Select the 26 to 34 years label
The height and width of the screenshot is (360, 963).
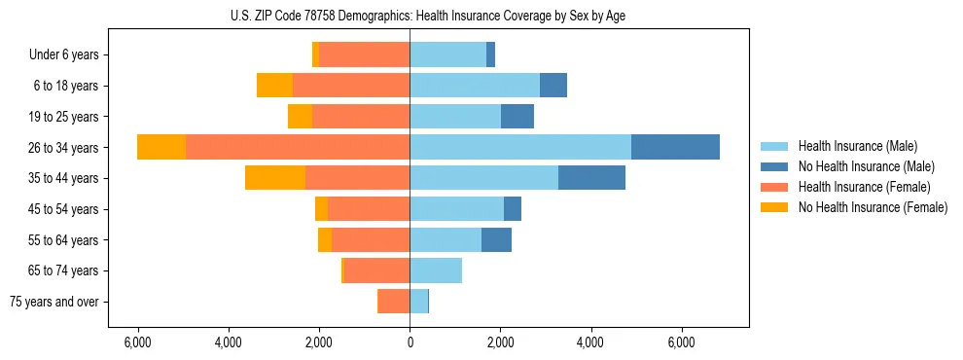click(x=65, y=148)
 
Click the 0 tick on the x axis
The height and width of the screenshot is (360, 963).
click(x=410, y=342)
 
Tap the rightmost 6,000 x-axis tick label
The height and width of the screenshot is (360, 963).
click(x=681, y=342)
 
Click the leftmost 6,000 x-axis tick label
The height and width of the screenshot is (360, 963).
click(x=138, y=342)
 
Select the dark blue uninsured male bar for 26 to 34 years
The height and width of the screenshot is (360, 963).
click(x=675, y=147)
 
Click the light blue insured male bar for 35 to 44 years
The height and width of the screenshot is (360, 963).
click(x=483, y=178)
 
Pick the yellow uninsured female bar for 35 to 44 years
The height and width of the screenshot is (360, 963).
click(x=275, y=178)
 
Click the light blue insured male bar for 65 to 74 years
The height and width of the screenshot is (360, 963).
click(x=436, y=270)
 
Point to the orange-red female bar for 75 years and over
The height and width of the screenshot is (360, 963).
click(x=394, y=302)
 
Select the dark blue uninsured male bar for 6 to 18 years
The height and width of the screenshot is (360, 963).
click(x=553, y=86)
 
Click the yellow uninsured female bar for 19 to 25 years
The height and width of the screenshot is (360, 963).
click(x=300, y=117)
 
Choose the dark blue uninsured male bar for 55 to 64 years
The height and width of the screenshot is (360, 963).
click(x=496, y=239)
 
